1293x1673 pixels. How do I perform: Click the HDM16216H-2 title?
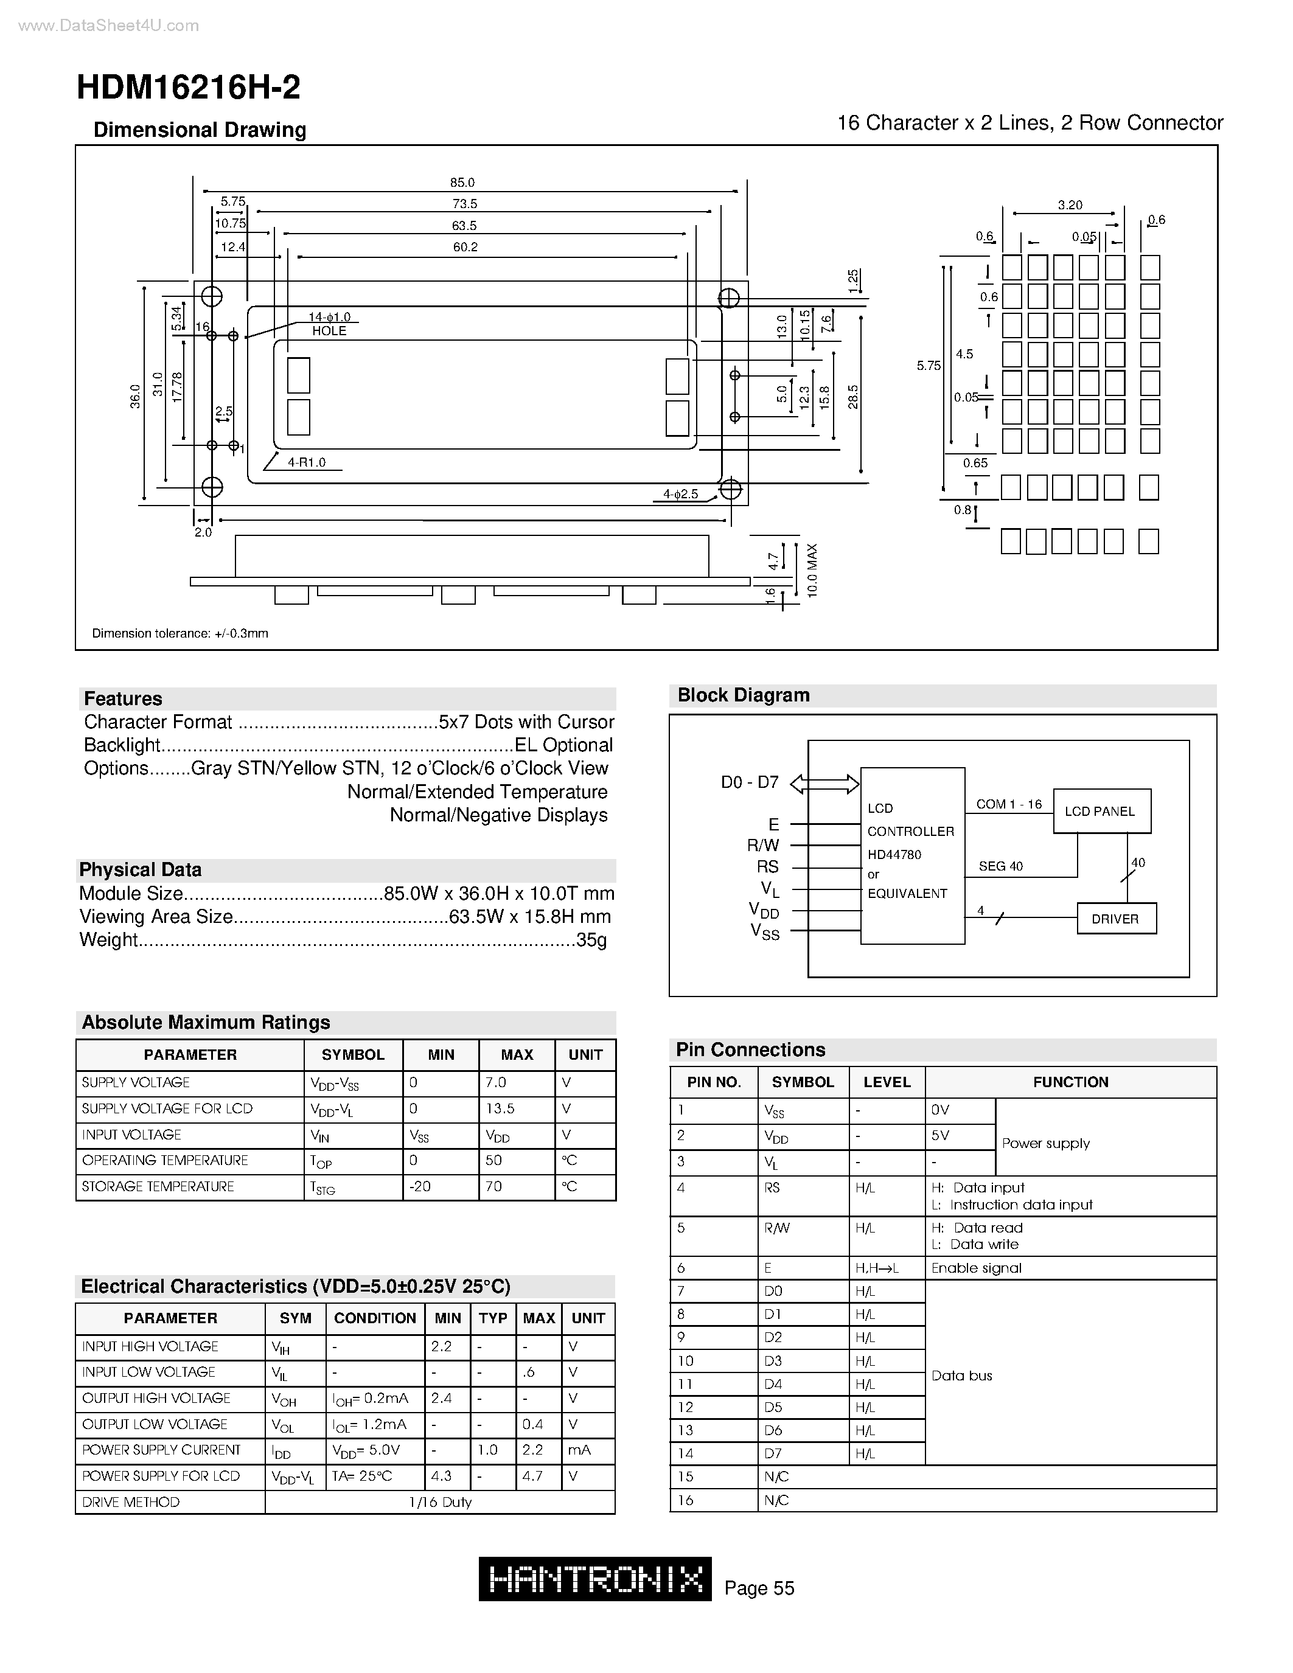pyautogui.click(x=189, y=88)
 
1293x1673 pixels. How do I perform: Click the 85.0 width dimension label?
pyautogui.click(x=462, y=183)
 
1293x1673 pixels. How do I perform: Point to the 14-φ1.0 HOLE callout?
pyautogui.click(x=329, y=324)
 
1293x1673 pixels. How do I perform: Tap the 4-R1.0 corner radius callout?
pyautogui.click(x=307, y=462)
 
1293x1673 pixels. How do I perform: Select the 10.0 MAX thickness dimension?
pyautogui.click(x=812, y=571)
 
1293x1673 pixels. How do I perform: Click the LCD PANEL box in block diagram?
pyautogui.click(x=1101, y=811)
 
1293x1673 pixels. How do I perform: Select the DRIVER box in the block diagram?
pyautogui.click(x=1115, y=919)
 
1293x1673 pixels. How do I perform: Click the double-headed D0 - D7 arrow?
pyautogui.click(x=824, y=784)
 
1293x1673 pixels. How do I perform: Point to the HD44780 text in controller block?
pyautogui.click(x=894, y=854)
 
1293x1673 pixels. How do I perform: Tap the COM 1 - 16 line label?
pyautogui.click(x=1009, y=804)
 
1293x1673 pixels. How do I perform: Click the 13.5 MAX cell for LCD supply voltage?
pyautogui.click(x=500, y=1108)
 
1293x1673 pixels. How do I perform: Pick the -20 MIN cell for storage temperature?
pyautogui.click(x=420, y=1186)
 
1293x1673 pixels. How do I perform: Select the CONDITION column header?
pyautogui.click(x=375, y=1318)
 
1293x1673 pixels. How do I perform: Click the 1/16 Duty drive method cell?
pyautogui.click(x=440, y=1501)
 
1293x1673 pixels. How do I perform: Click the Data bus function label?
pyautogui.click(x=961, y=1375)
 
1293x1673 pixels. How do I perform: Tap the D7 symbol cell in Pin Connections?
pyautogui.click(x=773, y=1453)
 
